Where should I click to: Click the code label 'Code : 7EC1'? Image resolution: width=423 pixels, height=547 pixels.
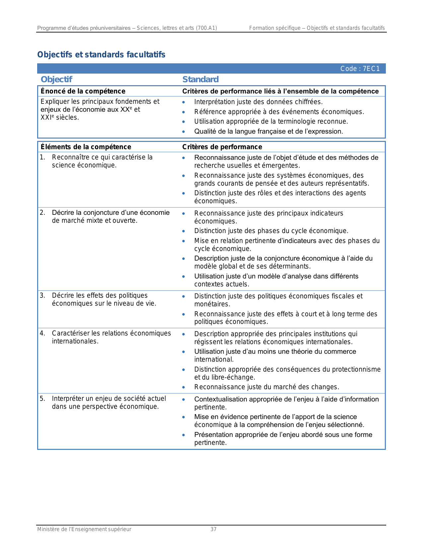tap(360, 69)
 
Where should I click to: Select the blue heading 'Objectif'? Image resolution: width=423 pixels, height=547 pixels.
tap(56, 80)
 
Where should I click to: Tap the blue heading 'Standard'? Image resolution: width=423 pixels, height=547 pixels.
tap(200, 80)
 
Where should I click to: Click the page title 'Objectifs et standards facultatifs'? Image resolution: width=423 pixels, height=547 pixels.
tap(101, 55)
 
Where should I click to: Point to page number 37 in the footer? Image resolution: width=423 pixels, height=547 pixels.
tap(213, 529)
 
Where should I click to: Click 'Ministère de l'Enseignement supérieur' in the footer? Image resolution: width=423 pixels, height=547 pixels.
tap(84, 529)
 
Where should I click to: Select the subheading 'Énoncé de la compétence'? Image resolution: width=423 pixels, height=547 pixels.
tap(83, 91)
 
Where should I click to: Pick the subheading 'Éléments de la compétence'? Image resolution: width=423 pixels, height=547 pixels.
tap(86, 147)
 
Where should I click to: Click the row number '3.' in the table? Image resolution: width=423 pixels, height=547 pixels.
tap(42, 295)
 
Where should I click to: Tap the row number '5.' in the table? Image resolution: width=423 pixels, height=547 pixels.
tap(42, 398)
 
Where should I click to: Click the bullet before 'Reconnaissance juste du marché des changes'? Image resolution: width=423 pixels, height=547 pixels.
tap(183, 387)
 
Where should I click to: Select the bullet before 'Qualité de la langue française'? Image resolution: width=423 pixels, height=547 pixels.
tap(183, 132)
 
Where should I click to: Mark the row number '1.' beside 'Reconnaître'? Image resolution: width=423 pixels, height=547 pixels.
tap(42, 157)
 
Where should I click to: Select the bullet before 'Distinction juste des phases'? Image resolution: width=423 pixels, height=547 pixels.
tap(183, 231)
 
